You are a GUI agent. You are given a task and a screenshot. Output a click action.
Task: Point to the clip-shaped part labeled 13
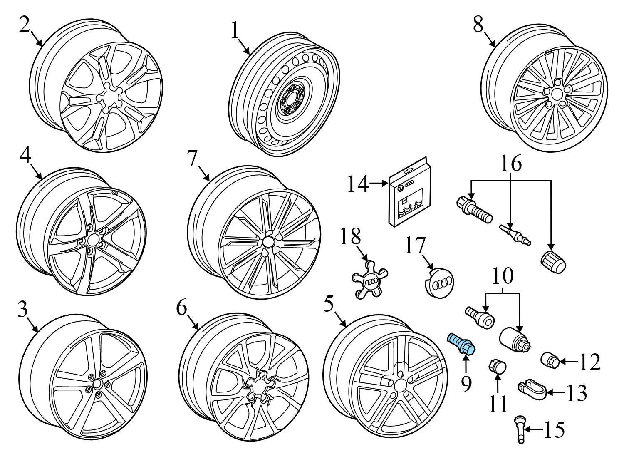531,387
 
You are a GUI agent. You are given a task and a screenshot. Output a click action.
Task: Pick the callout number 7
192,158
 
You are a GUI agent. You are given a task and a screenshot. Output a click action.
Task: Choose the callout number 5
329,305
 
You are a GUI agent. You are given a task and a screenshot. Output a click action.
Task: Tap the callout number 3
22,310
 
